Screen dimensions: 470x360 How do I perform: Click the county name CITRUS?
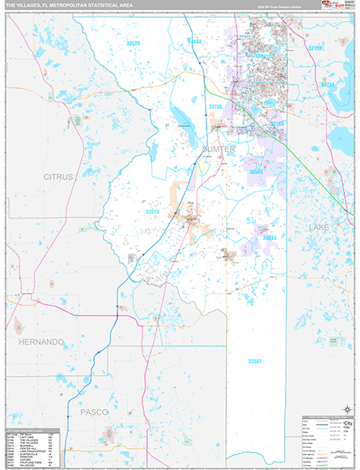point(58,177)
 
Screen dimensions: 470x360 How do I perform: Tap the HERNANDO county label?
point(41,342)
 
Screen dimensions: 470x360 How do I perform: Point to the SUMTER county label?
point(218,149)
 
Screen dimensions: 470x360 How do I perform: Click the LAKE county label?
point(319,226)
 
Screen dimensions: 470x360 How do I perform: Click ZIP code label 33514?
point(270,237)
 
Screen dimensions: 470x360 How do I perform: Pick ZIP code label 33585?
point(256,170)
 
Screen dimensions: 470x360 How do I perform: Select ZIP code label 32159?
point(315,49)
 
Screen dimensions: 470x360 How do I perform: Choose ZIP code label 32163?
point(278,124)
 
